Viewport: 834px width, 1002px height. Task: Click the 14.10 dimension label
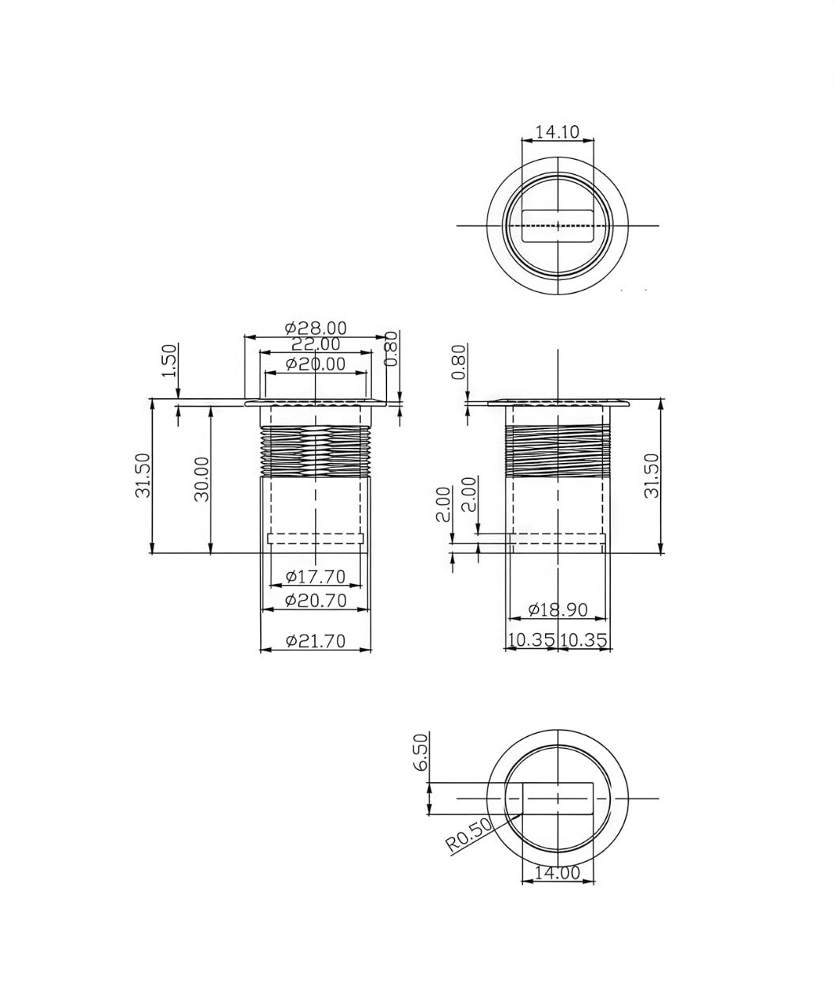pyautogui.click(x=557, y=131)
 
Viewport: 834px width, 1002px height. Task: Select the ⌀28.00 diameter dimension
pyautogui.click(x=315, y=328)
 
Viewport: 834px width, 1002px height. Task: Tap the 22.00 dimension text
pyautogui.click(x=315, y=344)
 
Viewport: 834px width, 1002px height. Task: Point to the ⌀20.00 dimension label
pyautogui.click(x=315, y=365)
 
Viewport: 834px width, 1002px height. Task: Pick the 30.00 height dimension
pyautogui.click(x=202, y=479)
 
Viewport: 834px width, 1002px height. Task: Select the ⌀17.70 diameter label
pyautogui.click(x=315, y=576)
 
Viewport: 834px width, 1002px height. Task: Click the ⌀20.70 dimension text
pyautogui.click(x=315, y=601)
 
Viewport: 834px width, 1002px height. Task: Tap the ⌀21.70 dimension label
pyautogui.click(x=315, y=640)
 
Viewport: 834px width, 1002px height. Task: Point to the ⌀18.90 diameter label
pyautogui.click(x=558, y=609)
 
